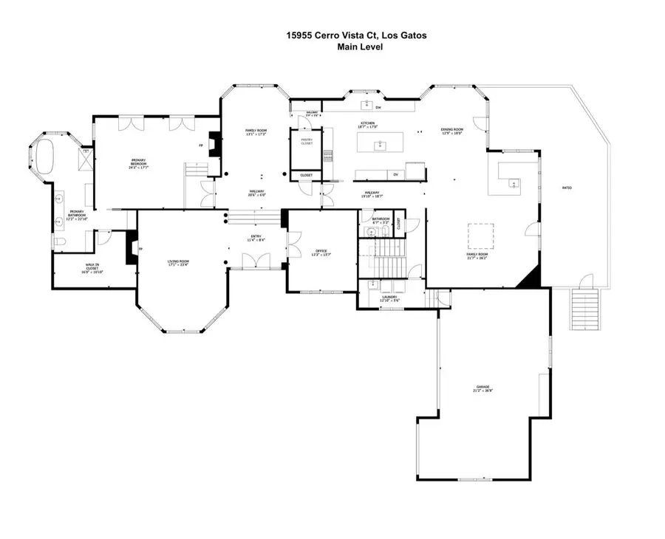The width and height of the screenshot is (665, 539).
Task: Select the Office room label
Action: click(x=321, y=253)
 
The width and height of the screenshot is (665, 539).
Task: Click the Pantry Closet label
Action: click(x=307, y=141)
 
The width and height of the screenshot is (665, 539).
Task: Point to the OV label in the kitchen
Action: click(x=395, y=174)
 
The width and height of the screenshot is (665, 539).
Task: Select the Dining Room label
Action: click(x=451, y=131)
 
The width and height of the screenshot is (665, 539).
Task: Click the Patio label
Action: click(x=567, y=188)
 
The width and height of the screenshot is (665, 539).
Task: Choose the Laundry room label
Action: click(x=389, y=298)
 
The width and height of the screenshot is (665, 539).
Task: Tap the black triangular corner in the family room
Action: click(x=533, y=279)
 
